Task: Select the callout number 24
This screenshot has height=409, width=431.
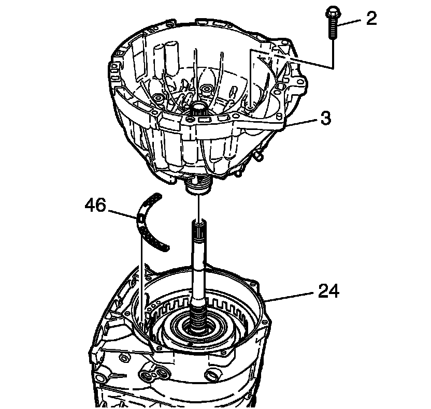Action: [328, 291]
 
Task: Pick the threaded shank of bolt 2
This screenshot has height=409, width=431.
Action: [332, 31]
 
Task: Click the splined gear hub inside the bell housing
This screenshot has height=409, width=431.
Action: [199, 109]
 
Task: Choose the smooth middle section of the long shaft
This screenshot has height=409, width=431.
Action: [199, 269]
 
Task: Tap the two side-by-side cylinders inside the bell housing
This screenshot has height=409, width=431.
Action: [166, 57]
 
